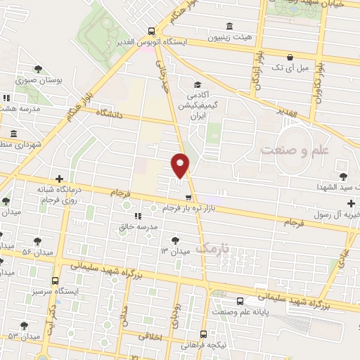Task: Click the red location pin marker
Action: click(x=181, y=165)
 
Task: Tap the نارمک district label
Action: click(x=213, y=248)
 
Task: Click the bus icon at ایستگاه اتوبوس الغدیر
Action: click(x=152, y=31)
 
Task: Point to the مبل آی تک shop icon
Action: click(x=290, y=56)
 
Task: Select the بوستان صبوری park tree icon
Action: click(x=37, y=69)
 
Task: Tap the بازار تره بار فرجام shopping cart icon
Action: click(x=188, y=198)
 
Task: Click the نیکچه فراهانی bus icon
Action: click(x=203, y=334)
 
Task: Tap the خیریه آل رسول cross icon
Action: click(x=352, y=203)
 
